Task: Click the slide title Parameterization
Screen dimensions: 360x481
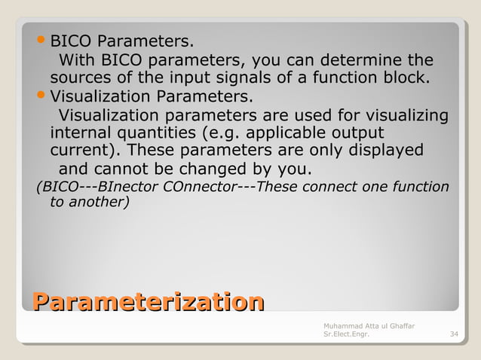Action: click(x=148, y=303)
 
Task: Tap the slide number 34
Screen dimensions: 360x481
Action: click(x=453, y=334)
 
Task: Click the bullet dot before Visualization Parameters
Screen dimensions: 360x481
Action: click(x=42, y=97)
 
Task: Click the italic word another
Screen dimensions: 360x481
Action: click(x=96, y=202)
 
